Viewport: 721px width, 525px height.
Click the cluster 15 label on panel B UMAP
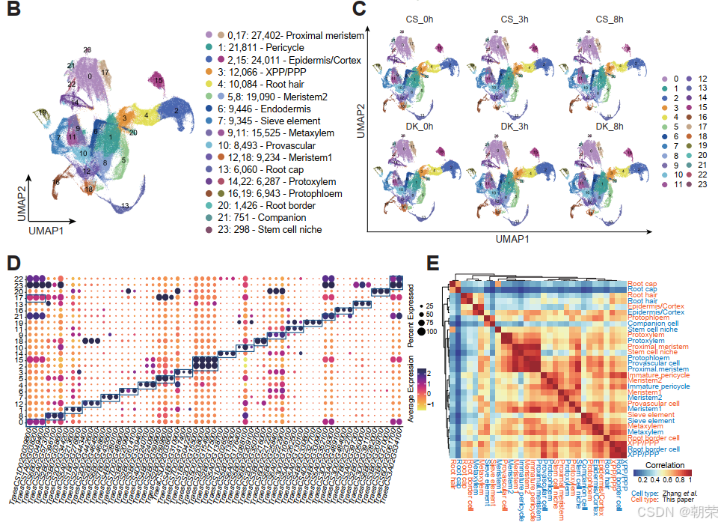158,79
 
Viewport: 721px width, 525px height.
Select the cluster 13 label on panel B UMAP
125,205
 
